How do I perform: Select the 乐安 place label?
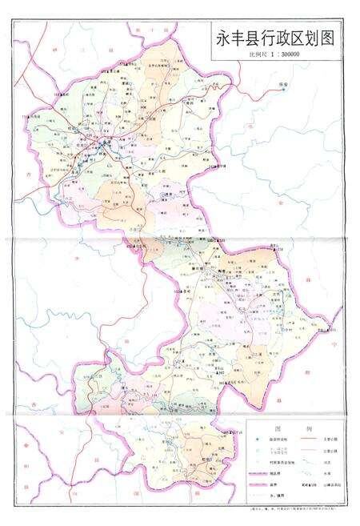coord(282,83)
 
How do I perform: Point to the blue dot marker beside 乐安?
coord(282,90)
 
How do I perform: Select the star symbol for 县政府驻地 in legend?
coord(257,440)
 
